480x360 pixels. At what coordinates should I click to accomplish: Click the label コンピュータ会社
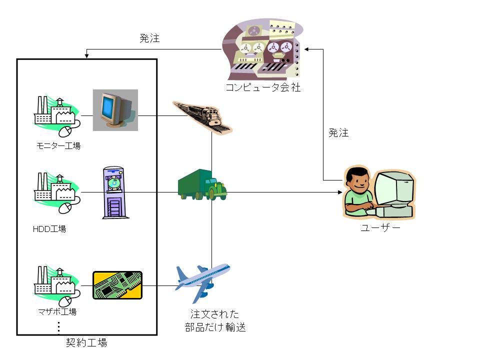[262, 88]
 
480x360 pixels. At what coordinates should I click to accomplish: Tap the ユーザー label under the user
[380, 228]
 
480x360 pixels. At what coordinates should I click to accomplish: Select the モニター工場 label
[58, 146]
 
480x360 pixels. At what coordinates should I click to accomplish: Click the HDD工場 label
[49, 229]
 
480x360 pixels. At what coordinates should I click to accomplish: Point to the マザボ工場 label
[57, 312]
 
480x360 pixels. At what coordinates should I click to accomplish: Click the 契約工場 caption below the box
[86, 343]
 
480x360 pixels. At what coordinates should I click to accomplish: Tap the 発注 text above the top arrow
[149, 38]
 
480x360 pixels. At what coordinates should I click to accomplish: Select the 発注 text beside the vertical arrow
[338, 133]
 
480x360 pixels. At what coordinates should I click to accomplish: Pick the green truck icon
[202, 184]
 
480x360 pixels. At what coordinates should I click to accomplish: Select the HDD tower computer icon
[115, 192]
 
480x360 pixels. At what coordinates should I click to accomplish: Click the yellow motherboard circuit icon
[117, 285]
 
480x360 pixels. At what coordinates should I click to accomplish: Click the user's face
[358, 181]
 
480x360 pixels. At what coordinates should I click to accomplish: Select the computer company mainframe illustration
[262, 50]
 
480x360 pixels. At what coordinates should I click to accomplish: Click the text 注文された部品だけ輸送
[215, 321]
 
